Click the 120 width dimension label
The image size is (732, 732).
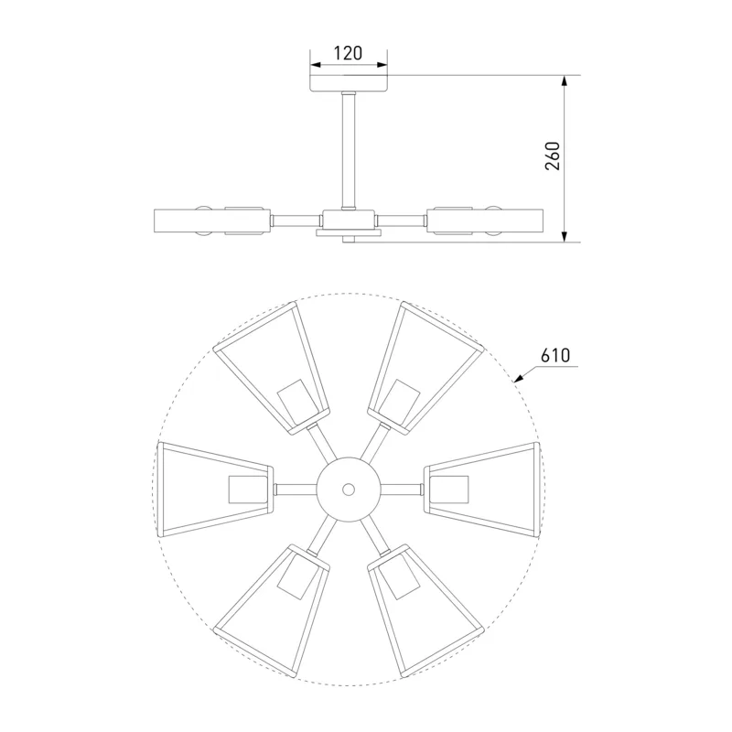pyautogui.click(x=349, y=53)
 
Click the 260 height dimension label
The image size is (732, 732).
pyautogui.click(x=553, y=156)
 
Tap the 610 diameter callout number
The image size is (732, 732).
pyautogui.click(x=555, y=356)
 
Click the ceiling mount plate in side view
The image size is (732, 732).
pyautogui.click(x=350, y=82)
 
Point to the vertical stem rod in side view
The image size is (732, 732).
pyautogui.click(x=349, y=151)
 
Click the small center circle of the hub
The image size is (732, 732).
pyautogui.click(x=349, y=490)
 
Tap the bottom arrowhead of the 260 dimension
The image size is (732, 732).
pyautogui.click(x=565, y=236)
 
